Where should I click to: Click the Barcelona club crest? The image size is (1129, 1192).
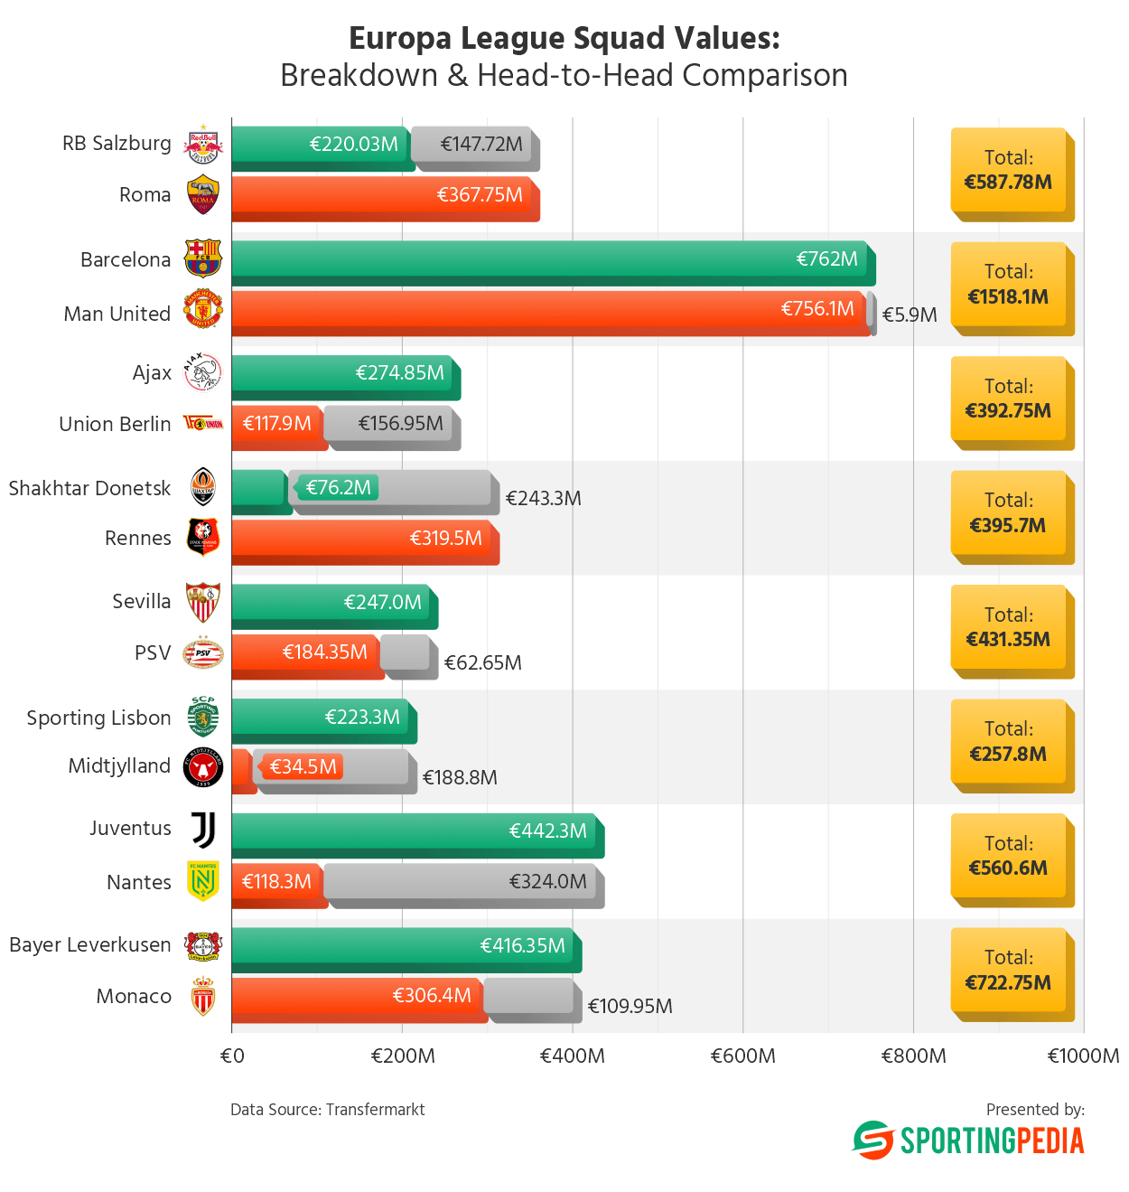(x=202, y=258)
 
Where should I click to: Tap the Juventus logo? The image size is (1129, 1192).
(x=204, y=830)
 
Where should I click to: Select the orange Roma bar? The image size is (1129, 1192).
(x=384, y=198)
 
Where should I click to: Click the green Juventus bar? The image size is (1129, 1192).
(x=415, y=834)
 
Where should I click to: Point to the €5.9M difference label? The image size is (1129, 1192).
(x=910, y=314)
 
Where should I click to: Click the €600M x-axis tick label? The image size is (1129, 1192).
(x=742, y=1056)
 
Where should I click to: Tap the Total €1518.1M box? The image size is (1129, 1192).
(x=1010, y=286)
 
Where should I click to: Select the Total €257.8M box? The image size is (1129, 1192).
(x=1010, y=743)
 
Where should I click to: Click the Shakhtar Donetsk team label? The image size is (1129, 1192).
(x=89, y=489)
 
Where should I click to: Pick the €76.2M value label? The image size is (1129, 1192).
(x=338, y=488)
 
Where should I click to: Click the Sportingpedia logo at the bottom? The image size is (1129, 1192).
(x=968, y=1140)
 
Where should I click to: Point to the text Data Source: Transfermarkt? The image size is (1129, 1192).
(x=327, y=1110)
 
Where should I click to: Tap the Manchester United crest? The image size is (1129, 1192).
(x=202, y=310)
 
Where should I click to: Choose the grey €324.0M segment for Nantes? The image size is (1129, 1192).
(x=462, y=883)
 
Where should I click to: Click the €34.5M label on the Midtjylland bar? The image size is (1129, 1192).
(x=303, y=767)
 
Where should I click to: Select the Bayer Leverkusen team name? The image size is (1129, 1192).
(x=89, y=945)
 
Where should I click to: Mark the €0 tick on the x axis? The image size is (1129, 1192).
(x=232, y=1056)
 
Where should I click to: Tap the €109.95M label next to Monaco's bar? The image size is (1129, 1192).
(x=630, y=1006)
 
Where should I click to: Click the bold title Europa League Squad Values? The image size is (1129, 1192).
(x=564, y=39)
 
